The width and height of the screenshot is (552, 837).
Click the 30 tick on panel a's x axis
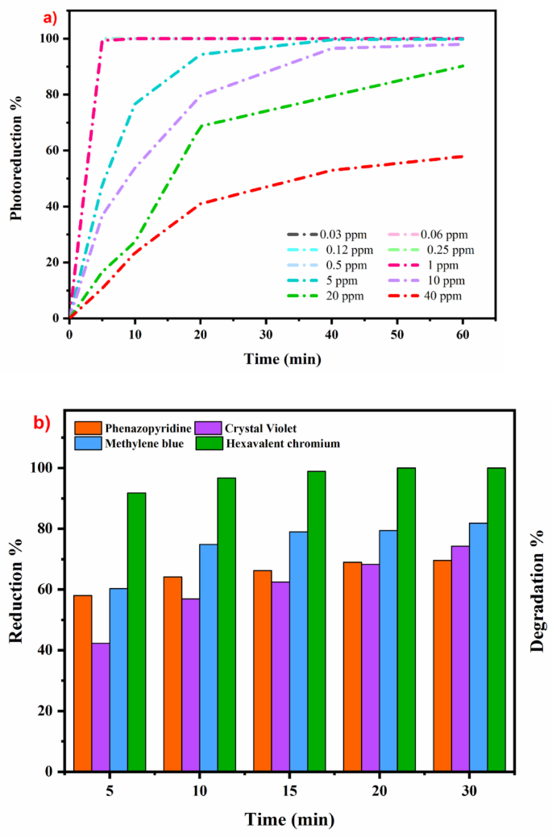[266, 334]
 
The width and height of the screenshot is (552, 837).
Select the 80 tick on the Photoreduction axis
[52, 94]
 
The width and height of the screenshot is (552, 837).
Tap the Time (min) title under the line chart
[283, 359]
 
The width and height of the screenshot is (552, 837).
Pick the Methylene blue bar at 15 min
[298, 651]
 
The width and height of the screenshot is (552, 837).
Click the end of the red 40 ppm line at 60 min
[463, 156]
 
